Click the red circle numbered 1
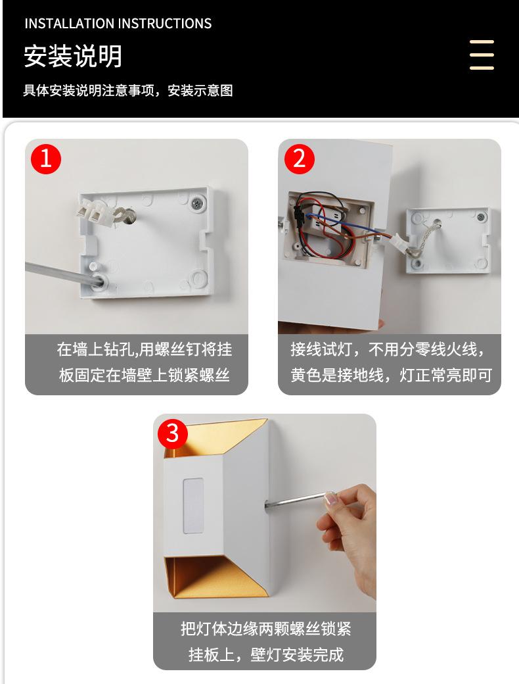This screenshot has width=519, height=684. pos(46,159)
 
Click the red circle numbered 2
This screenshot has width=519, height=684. pos(300,159)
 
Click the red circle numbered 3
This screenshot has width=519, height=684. pos(173,433)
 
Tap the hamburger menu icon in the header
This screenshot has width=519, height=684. pos(482,55)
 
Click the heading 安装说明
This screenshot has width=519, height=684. pos(73,56)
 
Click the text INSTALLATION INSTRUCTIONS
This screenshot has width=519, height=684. pos(118,24)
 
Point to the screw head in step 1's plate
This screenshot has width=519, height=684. pos(198,203)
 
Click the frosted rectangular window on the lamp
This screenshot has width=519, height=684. pos(194,506)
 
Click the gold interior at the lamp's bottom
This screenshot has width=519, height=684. pos(215,576)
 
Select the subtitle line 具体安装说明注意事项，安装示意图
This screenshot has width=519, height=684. pos(128,91)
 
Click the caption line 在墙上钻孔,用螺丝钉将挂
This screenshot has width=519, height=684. pos(145,349)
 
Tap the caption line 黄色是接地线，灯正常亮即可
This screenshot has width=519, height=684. pos(392,375)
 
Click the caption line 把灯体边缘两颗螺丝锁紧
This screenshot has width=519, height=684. pos(266,629)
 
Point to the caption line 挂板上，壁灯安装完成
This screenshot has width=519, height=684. pos(266,654)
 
